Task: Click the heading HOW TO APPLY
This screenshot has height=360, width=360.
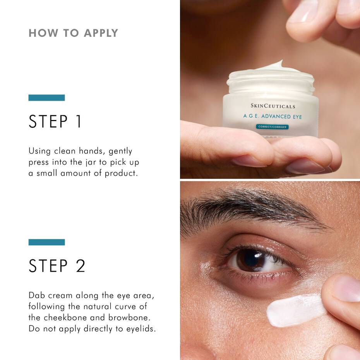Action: click(73, 33)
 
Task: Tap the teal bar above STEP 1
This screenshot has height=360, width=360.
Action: click(46, 98)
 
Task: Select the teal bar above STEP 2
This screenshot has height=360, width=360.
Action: click(46, 242)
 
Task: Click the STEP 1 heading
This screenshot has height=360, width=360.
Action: click(55, 122)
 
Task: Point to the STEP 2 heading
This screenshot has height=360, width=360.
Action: click(57, 266)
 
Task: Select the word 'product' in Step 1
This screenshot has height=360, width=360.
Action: click(121, 173)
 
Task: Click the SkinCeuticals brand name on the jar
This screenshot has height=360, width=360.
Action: click(273, 106)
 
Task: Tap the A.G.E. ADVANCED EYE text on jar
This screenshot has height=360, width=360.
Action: click(272, 116)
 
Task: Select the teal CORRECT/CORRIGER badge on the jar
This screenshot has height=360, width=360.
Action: click(272, 127)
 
